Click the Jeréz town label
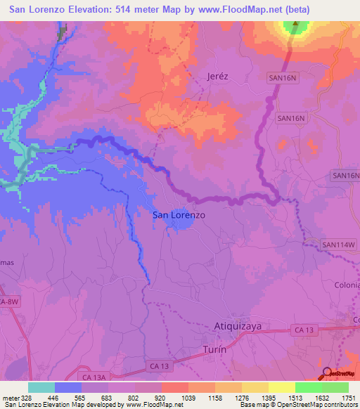(x=219, y=76)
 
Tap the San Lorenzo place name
(x=179, y=215)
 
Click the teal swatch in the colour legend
(x=41, y=387)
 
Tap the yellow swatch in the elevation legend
(x=281, y=387)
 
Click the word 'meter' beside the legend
(x=10, y=397)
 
